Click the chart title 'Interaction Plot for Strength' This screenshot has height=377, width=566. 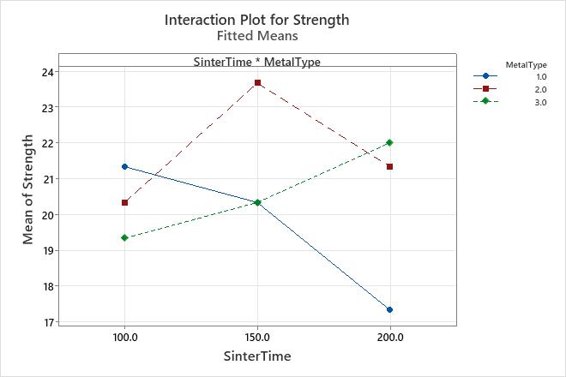click(x=256, y=19)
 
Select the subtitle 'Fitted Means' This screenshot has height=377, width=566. click(x=256, y=36)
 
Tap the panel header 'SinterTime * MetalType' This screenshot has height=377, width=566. click(x=256, y=62)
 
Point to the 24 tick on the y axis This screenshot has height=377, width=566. click(x=46, y=72)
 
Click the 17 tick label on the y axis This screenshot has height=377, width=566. click(x=46, y=322)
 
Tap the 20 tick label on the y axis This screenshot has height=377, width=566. click(x=46, y=215)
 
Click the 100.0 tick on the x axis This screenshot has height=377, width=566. click(x=125, y=338)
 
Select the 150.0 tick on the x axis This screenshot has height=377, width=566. click(x=257, y=338)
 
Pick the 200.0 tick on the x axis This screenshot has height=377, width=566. click(x=390, y=338)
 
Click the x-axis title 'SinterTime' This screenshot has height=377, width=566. click(x=256, y=356)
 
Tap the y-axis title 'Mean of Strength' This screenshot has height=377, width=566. click(x=29, y=189)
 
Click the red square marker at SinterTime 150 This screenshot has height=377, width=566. click(x=257, y=83)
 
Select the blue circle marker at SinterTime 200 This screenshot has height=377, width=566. click(x=390, y=310)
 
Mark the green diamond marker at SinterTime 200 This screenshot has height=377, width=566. click(x=390, y=143)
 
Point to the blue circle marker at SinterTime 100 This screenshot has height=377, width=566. click(x=125, y=167)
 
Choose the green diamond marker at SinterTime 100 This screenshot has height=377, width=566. click(x=125, y=238)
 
